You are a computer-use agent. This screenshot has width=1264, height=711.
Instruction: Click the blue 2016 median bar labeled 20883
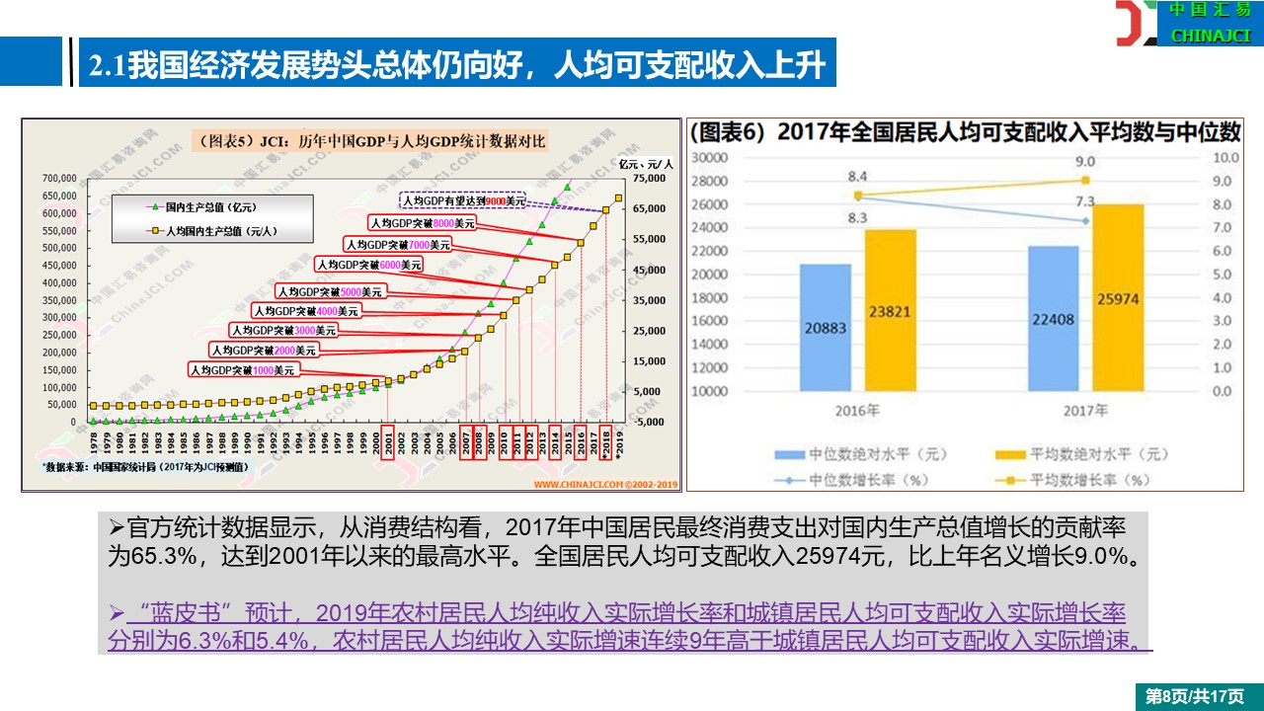(x=825, y=327)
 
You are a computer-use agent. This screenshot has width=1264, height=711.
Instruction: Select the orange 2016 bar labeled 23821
(x=890, y=310)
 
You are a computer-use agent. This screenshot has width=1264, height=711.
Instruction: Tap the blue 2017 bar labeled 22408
(x=1053, y=318)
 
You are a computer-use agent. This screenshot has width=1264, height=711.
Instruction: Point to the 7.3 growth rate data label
(x=1084, y=202)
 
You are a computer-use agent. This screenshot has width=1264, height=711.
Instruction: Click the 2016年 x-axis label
(x=857, y=410)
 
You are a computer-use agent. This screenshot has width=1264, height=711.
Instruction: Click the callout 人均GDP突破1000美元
(x=243, y=370)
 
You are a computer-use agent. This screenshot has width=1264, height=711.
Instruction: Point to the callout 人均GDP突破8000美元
(x=422, y=224)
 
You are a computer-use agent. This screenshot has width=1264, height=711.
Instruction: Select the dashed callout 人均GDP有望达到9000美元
(x=462, y=200)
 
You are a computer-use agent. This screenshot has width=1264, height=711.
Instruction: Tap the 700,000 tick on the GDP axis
(x=58, y=179)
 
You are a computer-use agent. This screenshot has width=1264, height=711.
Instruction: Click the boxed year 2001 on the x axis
(x=388, y=440)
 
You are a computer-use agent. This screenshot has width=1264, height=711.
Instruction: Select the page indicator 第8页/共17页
(x=1194, y=696)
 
